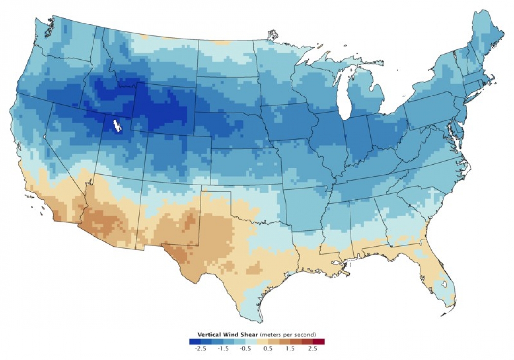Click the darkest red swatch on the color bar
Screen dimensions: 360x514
coord(319,342)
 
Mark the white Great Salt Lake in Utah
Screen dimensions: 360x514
coord(117,126)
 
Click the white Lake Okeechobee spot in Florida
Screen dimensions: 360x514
coord(444,283)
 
